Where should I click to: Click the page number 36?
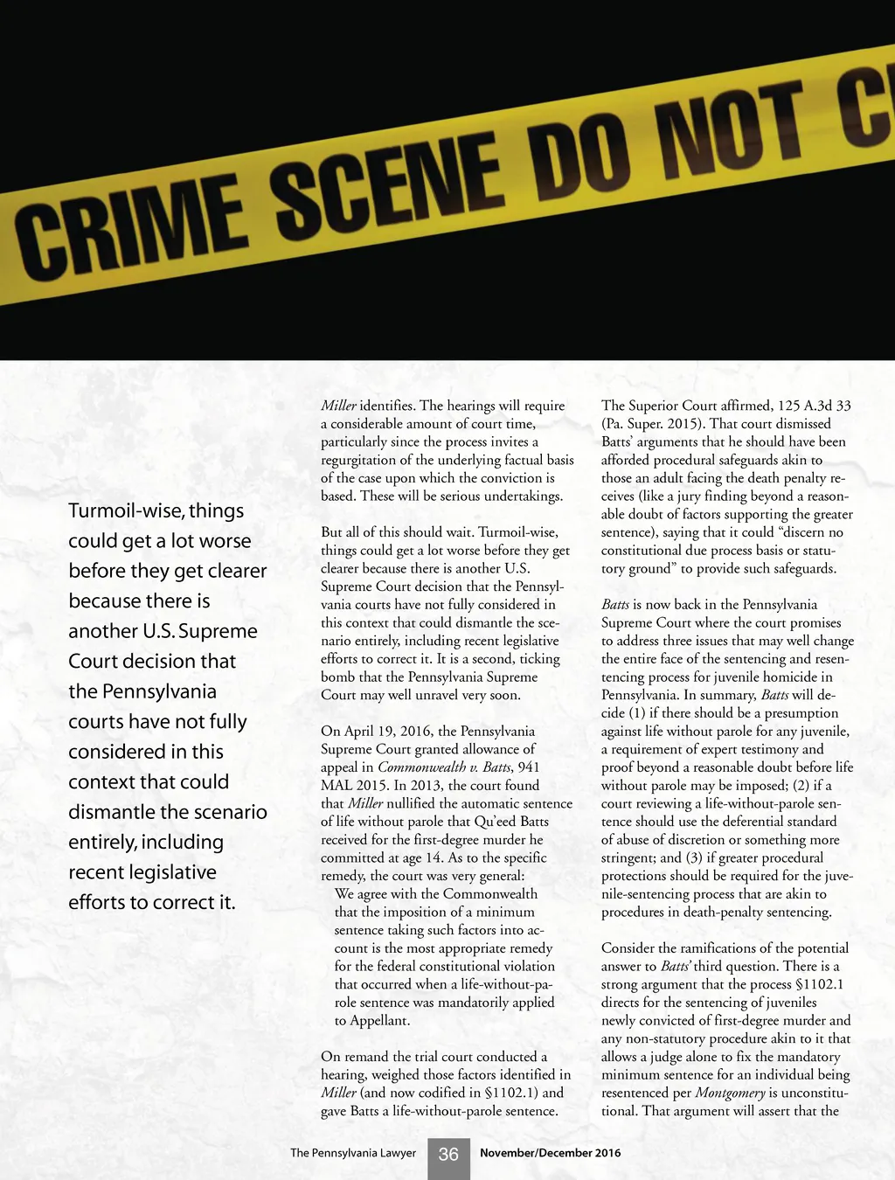tap(448, 1155)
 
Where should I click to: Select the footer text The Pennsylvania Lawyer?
tap(353, 1153)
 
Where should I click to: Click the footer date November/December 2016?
tap(550, 1153)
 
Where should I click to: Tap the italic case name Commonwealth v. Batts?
tap(445, 767)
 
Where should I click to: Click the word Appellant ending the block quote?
tap(379, 1020)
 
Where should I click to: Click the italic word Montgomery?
tap(730, 1093)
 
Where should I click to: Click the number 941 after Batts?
tap(529, 767)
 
